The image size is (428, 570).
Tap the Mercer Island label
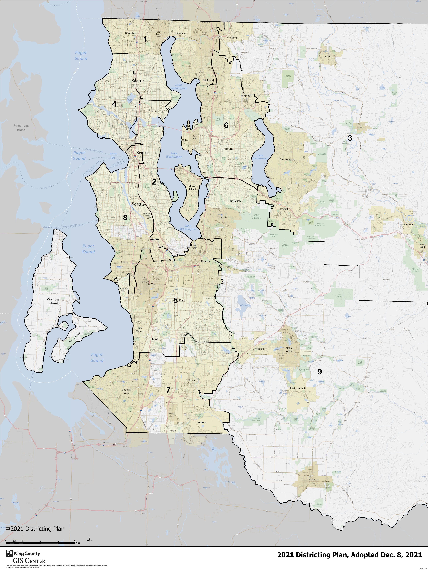192,188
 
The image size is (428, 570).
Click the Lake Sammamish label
260,157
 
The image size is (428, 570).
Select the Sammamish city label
287,159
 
